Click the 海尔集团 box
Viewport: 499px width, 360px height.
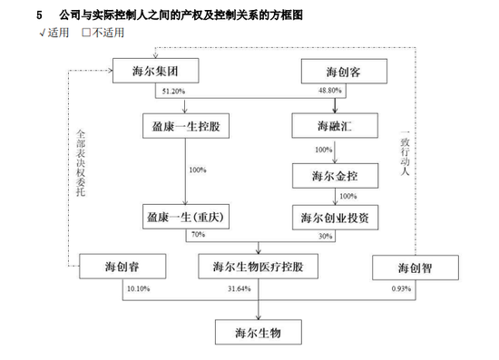point(150,70)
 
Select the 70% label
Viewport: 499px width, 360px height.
point(196,236)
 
